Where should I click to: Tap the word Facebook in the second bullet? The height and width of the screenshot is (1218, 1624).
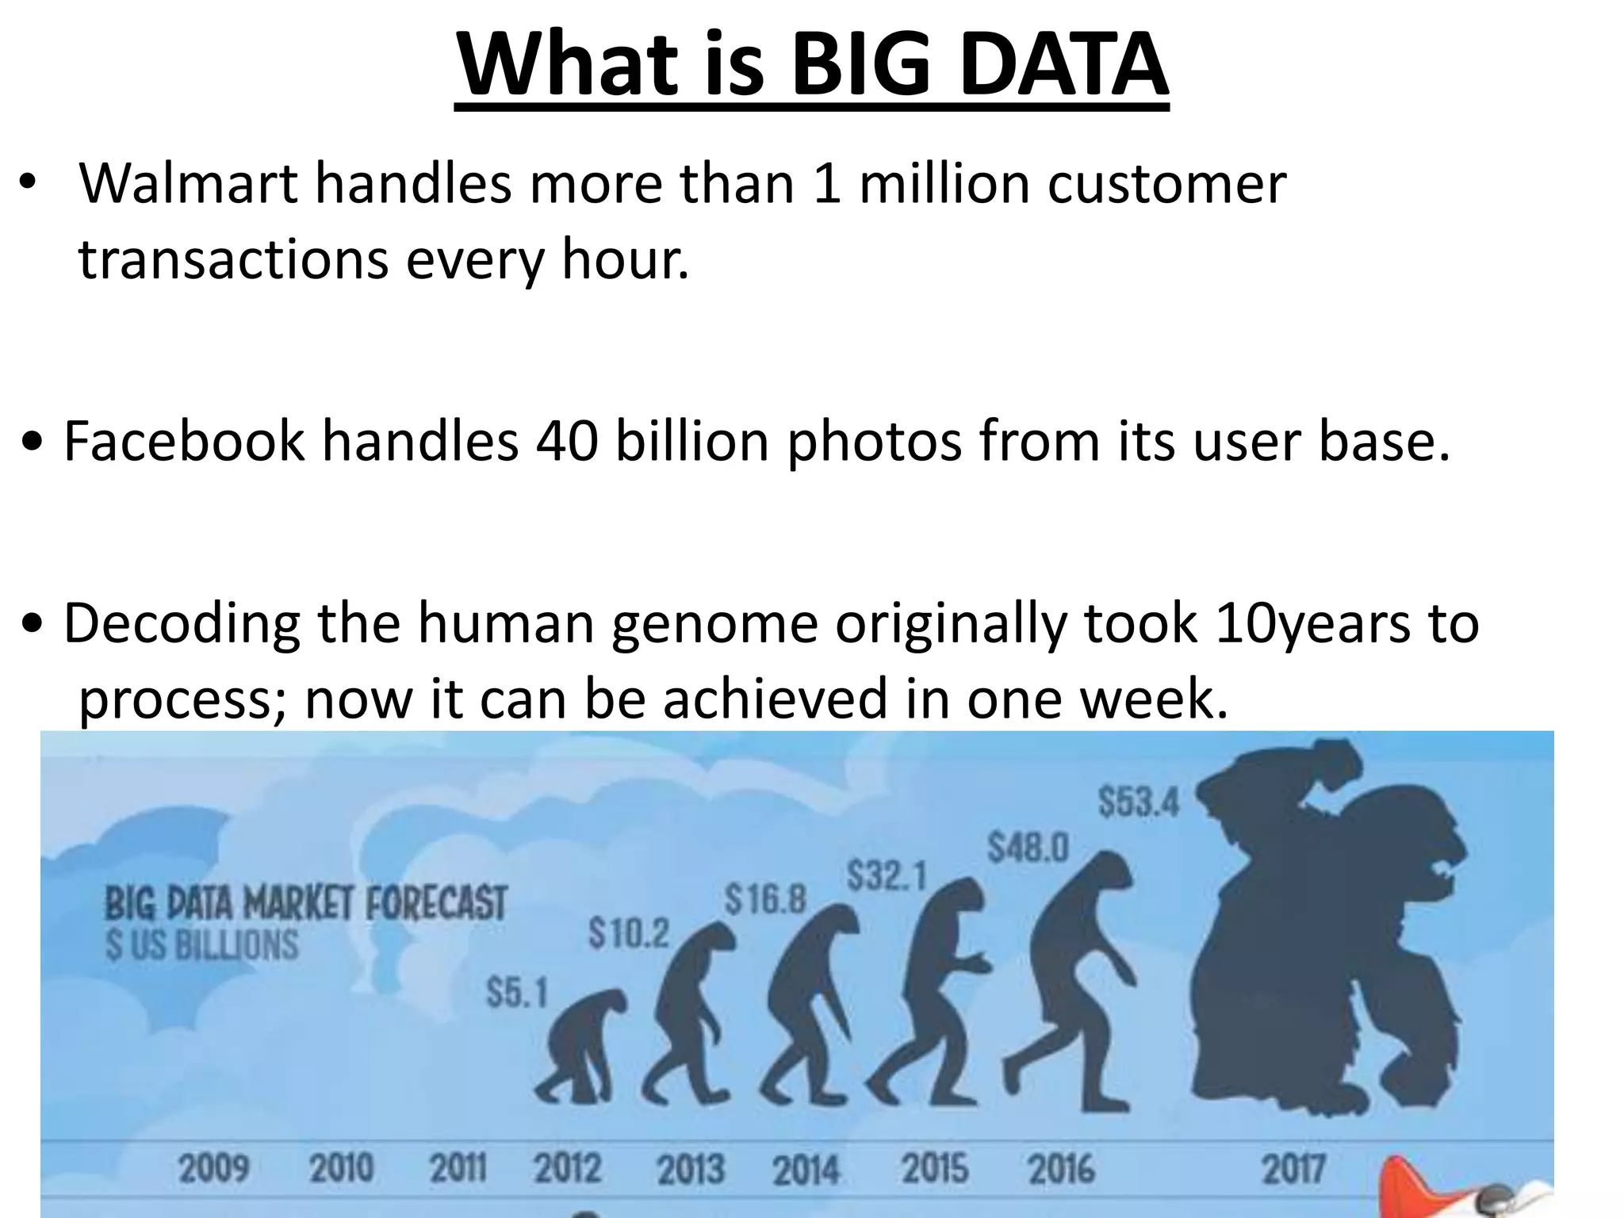pos(183,441)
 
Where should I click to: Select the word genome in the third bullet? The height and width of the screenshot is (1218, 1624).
pos(714,623)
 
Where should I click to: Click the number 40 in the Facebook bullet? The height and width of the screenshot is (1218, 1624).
pos(566,441)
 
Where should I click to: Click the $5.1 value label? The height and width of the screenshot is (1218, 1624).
pos(517,993)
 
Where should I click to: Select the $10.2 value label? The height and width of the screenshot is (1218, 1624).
pos(628,934)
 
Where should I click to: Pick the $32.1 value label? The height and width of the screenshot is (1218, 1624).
pos(887,876)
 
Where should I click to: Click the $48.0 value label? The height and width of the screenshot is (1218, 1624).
pos(1028,848)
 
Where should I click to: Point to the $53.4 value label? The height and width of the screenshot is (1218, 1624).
pos(1139,802)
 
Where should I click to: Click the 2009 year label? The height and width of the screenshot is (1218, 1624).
pos(213,1169)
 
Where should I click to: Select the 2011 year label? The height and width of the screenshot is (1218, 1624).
pos(458,1169)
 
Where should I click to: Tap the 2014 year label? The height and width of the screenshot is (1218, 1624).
pos(806,1170)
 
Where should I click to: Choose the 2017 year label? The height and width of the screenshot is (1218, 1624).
pos(1293,1169)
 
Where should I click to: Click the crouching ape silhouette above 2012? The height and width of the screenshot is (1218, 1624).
pos(583,1047)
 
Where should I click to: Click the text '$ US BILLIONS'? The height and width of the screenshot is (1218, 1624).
pos(202,946)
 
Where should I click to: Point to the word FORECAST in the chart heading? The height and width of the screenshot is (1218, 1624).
pos(435,903)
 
